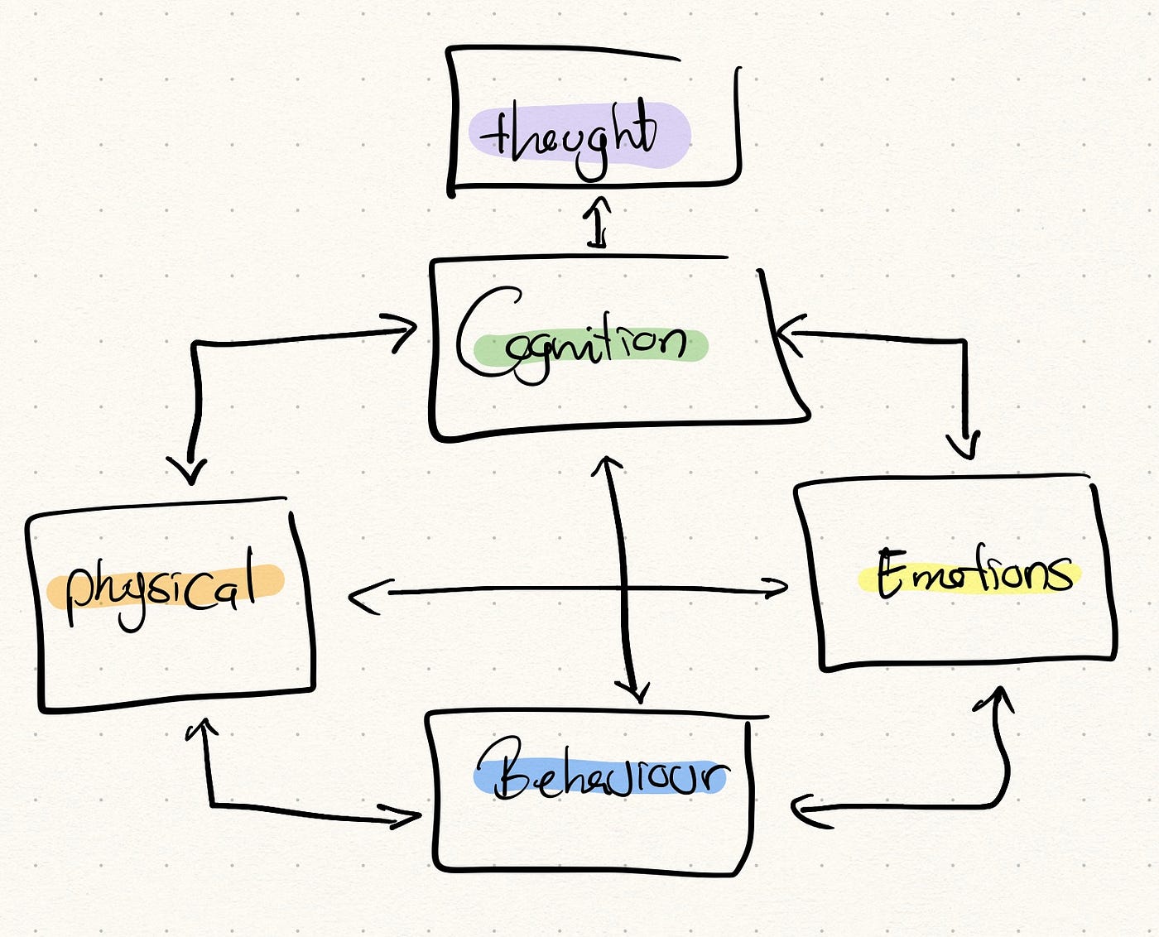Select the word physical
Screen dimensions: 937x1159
point(161,588)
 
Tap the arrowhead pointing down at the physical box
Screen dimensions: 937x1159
point(190,472)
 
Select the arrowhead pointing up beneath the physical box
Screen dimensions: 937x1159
point(201,728)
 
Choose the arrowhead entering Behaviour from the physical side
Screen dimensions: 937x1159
point(407,819)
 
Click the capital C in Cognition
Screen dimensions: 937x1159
point(484,331)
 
